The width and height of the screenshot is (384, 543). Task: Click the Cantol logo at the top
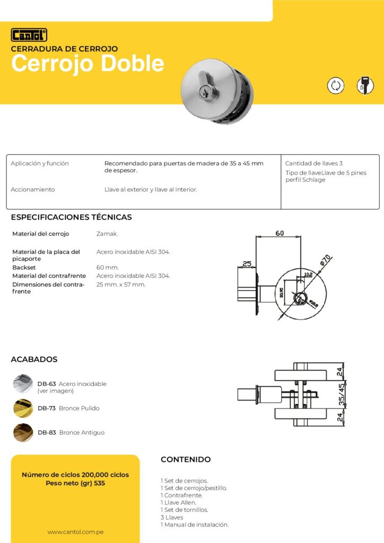pyautogui.click(x=29, y=35)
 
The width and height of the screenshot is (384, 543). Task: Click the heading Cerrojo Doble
pyautogui.click(x=88, y=64)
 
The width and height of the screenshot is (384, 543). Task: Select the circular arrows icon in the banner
pyautogui.click(x=335, y=85)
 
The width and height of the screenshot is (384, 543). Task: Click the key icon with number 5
pyautogui.click(x=364, y=85)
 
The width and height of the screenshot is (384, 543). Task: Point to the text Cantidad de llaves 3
pyautogui.click(x=314, y=163)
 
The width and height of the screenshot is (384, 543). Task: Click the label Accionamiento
pyautogui.click(x=33, y=189)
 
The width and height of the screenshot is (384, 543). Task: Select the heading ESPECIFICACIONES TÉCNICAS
pyautogui.click(x=71, y=217)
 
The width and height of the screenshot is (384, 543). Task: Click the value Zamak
pyautogui.click(x=107, y=234)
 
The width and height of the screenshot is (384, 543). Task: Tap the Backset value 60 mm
pyautogui.click(x=108, y=268)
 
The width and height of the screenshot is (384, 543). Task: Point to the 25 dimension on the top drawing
pyautogui.click(x=247, y=264)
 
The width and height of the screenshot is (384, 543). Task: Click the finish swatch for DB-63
pyautogui.click(x=23, y=383)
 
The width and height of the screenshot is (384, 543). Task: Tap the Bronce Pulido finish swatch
pyautogui.click(x=23, y=408)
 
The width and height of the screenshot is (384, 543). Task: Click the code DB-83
pyautogui.click(x=47, y=433)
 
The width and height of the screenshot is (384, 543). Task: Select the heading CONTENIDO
pyautogui.click(x=186, y=460)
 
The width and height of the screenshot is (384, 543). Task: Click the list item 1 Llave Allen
pyautogui.click(x=178, y=502)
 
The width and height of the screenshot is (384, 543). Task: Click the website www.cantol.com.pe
pyautogui.click(x=75, y=531)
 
